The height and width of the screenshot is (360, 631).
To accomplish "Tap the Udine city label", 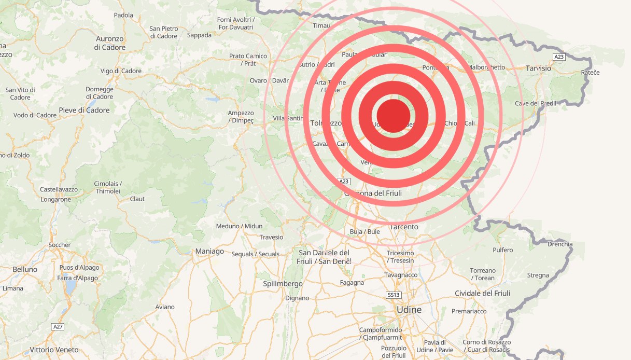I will (409, 310).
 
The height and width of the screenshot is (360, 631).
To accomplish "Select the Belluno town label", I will (25, 270).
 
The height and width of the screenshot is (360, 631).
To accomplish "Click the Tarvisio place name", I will (539, 68).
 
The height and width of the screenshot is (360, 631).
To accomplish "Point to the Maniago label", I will (209, 252).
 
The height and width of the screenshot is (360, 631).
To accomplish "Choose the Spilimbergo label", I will (283, 284).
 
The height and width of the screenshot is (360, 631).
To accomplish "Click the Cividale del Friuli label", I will (482, 293).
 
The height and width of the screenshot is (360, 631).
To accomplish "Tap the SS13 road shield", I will (394, 295).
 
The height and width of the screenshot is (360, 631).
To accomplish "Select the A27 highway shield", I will (58, 326).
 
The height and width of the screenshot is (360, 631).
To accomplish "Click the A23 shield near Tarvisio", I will (558, 56).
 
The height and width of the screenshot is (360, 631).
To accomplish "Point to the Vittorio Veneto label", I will (54, 350).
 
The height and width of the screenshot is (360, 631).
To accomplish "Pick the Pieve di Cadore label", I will (84, 110).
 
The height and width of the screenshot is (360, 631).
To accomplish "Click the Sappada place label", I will (199, 35).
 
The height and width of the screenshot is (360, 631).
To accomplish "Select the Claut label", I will (137, 199).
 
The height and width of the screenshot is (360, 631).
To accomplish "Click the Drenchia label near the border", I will (560, 244).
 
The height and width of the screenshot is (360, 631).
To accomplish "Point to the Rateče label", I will (590, 73).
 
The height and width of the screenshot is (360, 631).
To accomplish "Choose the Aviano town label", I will (165, 307).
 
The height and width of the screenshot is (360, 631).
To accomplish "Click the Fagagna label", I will (352, 283).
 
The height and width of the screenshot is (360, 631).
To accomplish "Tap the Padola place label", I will (123, 16).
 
